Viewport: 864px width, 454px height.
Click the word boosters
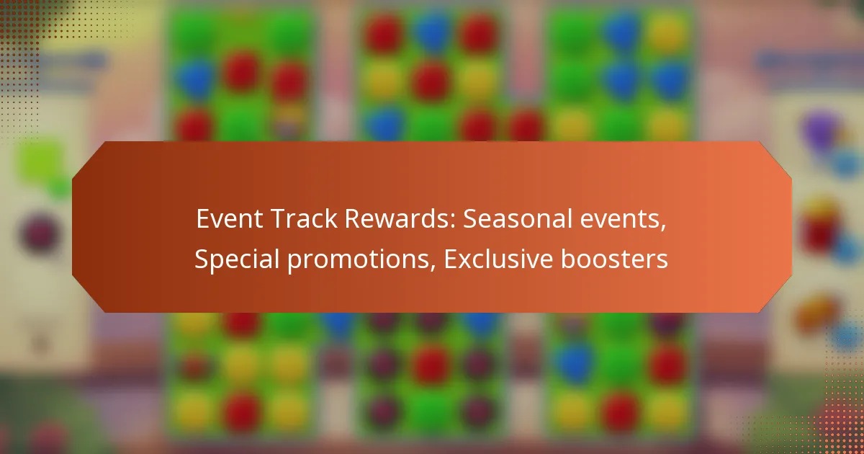tap(620, 259)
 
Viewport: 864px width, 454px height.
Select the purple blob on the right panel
tap(820, 130)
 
